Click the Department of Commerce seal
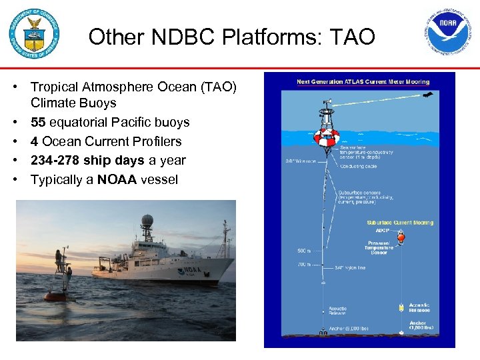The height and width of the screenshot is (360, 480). [34, 34]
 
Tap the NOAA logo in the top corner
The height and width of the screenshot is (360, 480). [449, 33]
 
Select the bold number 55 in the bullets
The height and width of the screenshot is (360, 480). [38, 123]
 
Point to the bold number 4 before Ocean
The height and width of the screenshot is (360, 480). [34, 141]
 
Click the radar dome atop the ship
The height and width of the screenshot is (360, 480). [147, 221]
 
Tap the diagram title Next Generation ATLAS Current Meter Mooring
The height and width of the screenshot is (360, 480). [363, 82]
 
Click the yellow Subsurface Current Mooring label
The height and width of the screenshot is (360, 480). [400, 223]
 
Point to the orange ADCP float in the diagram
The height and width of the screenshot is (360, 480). [401, 237]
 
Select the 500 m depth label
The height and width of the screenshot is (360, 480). [305, 251]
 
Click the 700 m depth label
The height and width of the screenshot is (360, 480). [305, 265]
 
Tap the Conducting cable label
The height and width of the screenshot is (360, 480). [360, 166]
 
